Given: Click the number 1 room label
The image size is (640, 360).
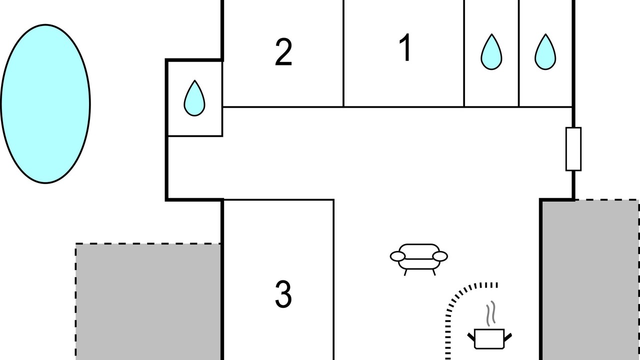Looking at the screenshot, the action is [x=405, y=47].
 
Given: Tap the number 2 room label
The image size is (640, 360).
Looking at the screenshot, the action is [x=283, y=52].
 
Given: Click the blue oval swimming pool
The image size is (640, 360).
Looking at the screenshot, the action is [x=45, y=103].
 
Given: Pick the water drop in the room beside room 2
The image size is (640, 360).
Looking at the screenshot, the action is [x=194, y=98].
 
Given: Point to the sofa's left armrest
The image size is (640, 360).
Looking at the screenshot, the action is [x=397, y=256].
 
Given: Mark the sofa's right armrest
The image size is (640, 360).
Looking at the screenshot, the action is [x=440, y=256].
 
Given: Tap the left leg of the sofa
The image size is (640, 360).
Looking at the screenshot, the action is [x=405, y=272].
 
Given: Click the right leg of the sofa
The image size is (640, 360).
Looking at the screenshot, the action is [x=434, y=272].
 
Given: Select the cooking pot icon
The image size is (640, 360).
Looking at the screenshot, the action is [x=489, y=339].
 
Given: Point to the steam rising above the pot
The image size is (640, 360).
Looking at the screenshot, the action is [x=491, y=313].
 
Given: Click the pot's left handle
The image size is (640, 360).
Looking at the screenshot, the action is [x=471, y=336].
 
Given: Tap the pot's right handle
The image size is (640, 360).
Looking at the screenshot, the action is [x=508, y=336].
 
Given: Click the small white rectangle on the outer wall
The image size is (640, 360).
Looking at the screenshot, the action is [x=573, y=149].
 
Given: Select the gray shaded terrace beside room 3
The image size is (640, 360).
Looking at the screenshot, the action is [x=148, y=301].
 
